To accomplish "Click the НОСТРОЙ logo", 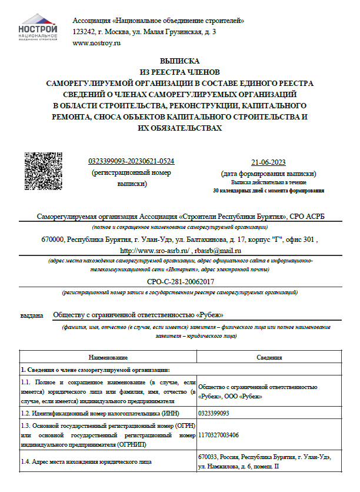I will tap(38, 31).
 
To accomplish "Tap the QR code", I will tap(43, 171).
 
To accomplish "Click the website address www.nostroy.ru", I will tap(96, 43).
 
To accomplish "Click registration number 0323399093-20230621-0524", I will tap(131, 161).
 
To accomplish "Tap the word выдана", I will tap(32, 315).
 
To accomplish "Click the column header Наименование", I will tap(108, 357).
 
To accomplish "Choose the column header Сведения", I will tap(269, 357).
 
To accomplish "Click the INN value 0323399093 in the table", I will tap(214, 414).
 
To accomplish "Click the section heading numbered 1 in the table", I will tap(94, 369).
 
